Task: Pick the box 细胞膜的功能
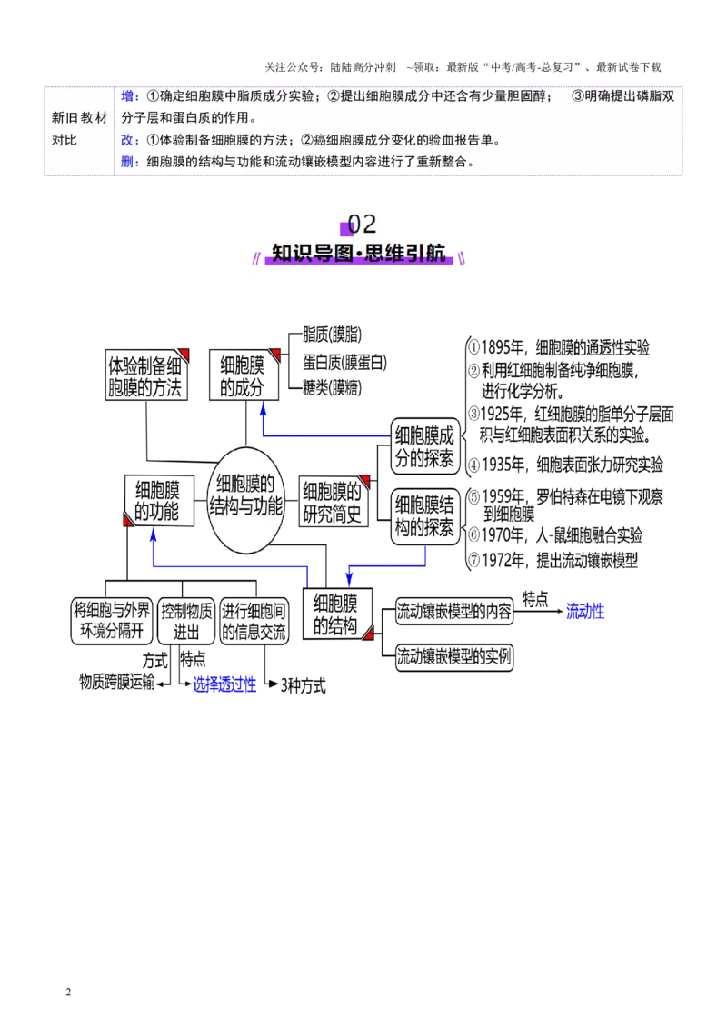159,501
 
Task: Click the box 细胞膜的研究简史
334,501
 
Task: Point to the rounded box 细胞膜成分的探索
424,446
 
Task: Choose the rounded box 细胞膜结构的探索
424,516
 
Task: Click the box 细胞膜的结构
337,614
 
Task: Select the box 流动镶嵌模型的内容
454,611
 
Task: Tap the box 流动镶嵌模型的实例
454,657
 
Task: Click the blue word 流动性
584,611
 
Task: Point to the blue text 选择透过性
224,684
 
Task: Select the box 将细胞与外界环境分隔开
112,621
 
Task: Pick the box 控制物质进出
186,621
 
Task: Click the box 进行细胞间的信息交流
254,621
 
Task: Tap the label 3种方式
304,685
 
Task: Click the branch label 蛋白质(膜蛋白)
344,362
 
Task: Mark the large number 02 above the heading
362,224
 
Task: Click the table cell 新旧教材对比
79,129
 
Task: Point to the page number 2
68,992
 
